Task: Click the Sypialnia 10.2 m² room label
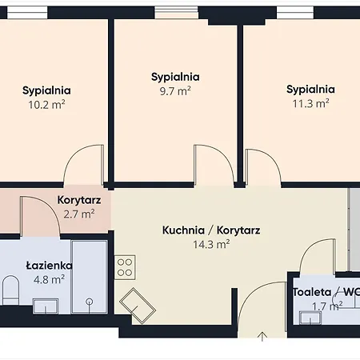pos(46,90)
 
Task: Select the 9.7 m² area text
pos(175,91)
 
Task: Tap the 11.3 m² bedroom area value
pos(310,102)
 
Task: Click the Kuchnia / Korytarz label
pos(210,230)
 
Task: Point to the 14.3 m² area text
pos(210,244)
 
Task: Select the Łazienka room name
pos(49,265)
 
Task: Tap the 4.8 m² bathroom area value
pos(49,279)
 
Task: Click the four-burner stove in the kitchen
pos(124,266)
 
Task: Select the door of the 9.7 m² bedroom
pos(206,166)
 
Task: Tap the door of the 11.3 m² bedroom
pos(260,166)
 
